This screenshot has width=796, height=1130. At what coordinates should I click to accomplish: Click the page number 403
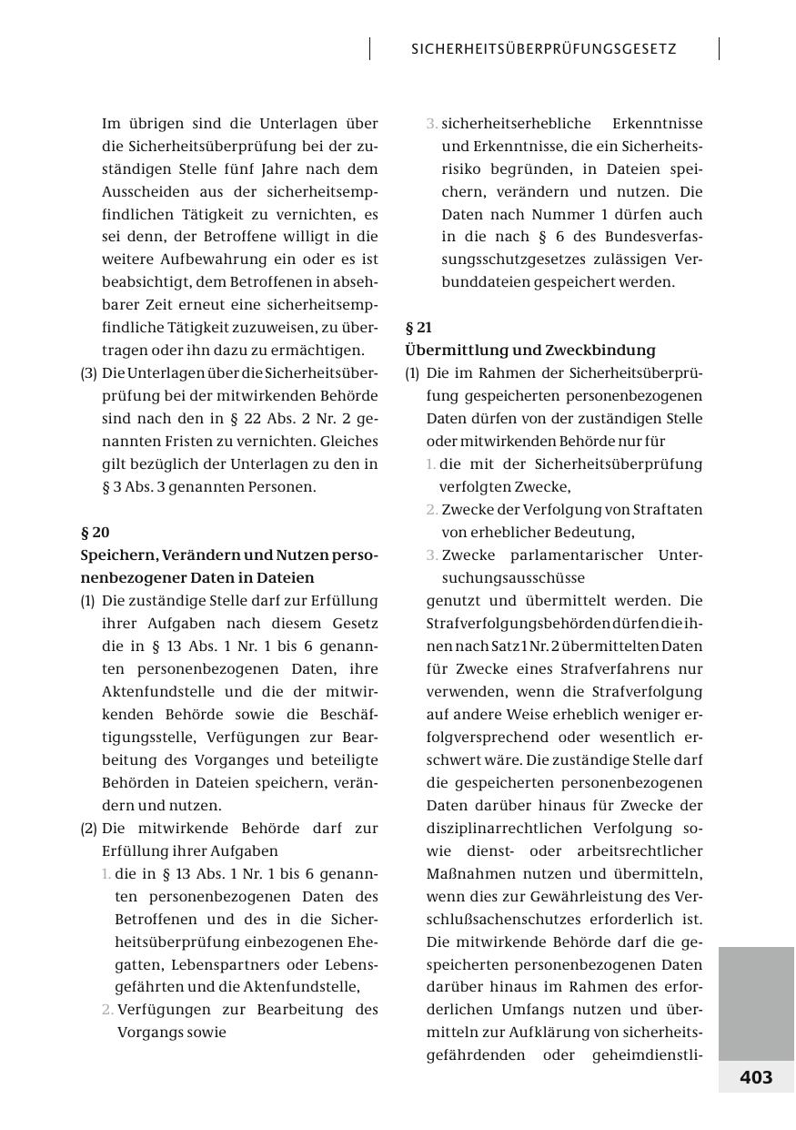(x=756, y=1077)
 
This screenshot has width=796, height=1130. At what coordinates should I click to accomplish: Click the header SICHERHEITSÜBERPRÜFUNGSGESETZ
(x=544, y=49)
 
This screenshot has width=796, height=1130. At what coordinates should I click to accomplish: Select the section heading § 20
(x=96, y=532)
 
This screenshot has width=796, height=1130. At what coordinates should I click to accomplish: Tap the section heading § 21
(x=418, y=327)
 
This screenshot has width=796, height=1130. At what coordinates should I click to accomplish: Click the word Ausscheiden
(x=146, y=191)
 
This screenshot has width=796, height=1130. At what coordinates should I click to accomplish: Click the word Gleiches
(x=343, y=441)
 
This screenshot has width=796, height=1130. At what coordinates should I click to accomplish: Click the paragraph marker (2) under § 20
(x=89, y=828)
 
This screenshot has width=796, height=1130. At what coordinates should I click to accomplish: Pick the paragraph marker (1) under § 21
(x=413, y=372)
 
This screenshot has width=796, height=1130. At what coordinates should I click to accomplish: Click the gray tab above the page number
(x=756, y=1003)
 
